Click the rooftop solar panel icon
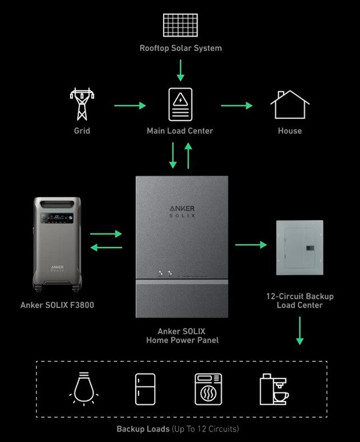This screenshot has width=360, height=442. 181,25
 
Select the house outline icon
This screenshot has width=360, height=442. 289,105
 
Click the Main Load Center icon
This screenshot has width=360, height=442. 180,104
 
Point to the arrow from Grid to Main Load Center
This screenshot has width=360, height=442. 130,105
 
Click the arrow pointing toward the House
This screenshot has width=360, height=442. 236,105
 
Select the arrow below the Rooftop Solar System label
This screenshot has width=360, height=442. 180,70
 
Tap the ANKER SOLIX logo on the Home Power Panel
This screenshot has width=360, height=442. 182,211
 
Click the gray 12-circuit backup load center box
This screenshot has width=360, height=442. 299,247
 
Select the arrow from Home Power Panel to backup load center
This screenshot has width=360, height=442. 251,245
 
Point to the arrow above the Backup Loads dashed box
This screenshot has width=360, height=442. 299,331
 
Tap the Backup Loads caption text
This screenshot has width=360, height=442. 177,429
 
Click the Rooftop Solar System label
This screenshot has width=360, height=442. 181,48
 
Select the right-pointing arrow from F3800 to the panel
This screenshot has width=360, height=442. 106,234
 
